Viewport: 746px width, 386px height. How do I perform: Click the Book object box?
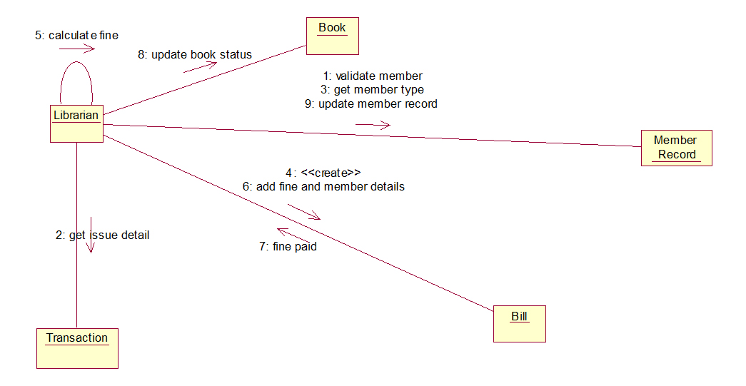332,36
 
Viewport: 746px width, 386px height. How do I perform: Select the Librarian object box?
76,123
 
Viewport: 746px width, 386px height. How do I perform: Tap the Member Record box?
676,148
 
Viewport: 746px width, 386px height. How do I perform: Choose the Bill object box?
520,323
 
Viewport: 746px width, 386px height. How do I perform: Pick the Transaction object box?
77,347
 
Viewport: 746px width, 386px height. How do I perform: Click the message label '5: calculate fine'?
76,35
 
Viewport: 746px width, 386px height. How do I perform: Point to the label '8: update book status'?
195,54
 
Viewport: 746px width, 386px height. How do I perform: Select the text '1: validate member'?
373,76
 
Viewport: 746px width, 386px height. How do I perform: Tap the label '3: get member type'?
372,90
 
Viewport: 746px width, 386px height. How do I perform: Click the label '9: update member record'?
371,104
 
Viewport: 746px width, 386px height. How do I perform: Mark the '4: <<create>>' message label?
323,173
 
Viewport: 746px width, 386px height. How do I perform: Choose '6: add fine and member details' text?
323,187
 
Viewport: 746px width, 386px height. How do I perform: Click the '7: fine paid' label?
288,247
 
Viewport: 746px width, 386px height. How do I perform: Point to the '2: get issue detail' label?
103,235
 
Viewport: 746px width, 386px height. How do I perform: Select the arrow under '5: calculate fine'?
77,49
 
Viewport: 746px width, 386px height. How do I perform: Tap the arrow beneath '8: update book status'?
200,67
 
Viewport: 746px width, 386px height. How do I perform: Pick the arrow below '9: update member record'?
373,124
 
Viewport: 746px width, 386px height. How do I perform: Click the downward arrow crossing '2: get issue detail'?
91,235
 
